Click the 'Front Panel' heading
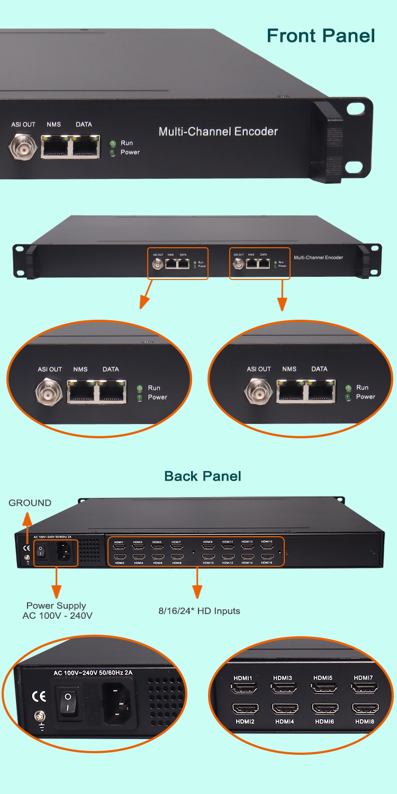pos(321,35)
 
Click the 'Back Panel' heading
pos(203,476)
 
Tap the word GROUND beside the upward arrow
pos(30,503)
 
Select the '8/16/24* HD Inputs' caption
pos(199,611)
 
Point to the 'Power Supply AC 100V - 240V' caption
pos(56,610)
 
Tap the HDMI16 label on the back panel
pos(267,563)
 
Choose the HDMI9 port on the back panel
pos(208,548)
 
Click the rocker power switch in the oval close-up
pos(67,701)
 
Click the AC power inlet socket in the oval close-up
pos(116,702)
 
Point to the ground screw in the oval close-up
pos(39,717)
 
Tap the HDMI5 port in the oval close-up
pos(323,688)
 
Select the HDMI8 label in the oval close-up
pos(365,721)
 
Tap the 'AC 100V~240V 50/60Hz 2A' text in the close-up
pos(93,673)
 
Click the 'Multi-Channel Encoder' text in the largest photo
pos(218,131)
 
